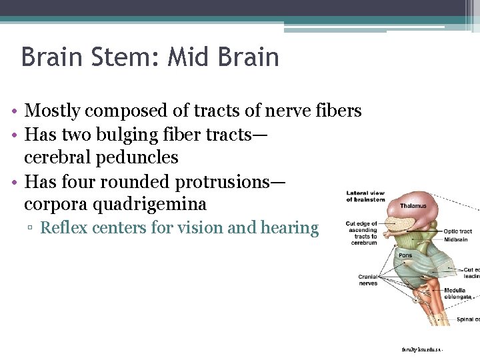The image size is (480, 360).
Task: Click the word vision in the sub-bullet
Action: (200, 228)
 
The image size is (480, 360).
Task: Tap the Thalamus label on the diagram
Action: (413, 206)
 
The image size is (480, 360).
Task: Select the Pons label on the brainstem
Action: (405, 255)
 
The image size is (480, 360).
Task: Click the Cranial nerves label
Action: (367, 280)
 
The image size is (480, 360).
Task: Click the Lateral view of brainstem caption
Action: (365, 197)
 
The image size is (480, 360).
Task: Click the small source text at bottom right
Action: (422, 349)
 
